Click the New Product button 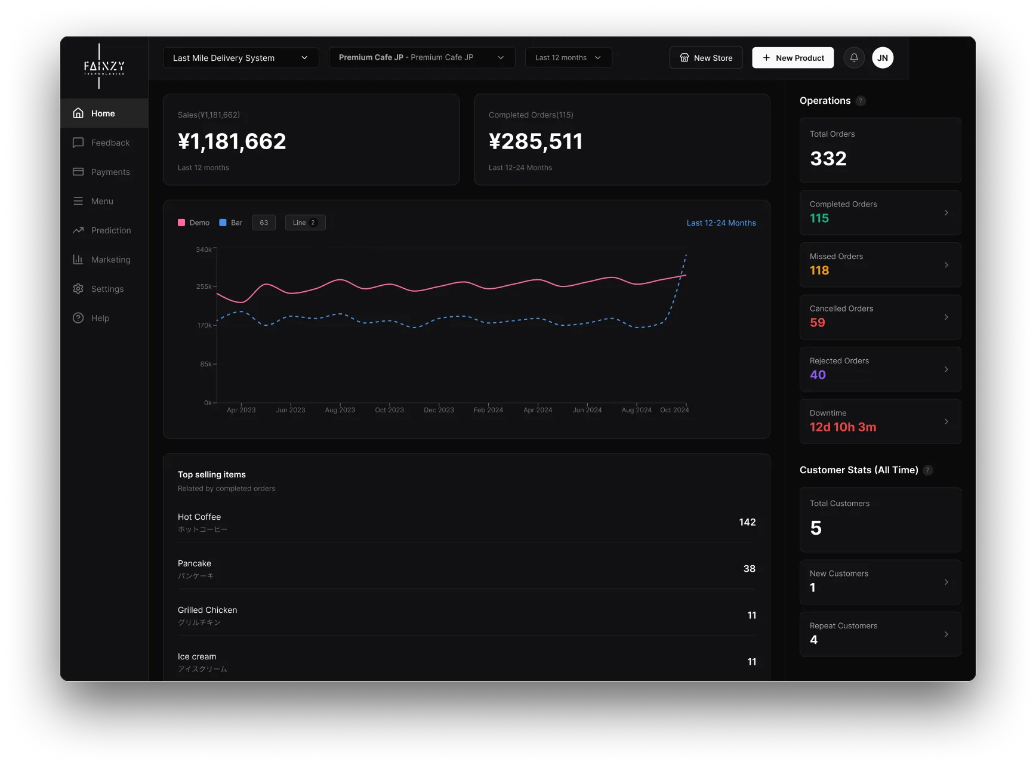click(793, 58)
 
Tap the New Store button click(706, 58)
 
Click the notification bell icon click(854, 58)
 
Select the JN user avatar click(883, 58)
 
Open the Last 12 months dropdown click(568, 58)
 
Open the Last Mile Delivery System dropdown click(240, 58)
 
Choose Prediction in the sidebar click(110, 230)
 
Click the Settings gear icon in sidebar click(78, 289)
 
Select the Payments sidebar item click(110, 172)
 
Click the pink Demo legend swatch click(181, 223)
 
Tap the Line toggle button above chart click(305, 223)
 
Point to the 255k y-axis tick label click(203, 286)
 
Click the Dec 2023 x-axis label click(439, 410)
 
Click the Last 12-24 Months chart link click(721, 223)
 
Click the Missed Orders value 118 click(819, 270)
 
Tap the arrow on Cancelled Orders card click(946, 317)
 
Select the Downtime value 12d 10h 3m click(843, 427)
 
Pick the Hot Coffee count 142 click(747, 522)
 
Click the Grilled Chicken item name click(207, 610)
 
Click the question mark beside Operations click(861, 101)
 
